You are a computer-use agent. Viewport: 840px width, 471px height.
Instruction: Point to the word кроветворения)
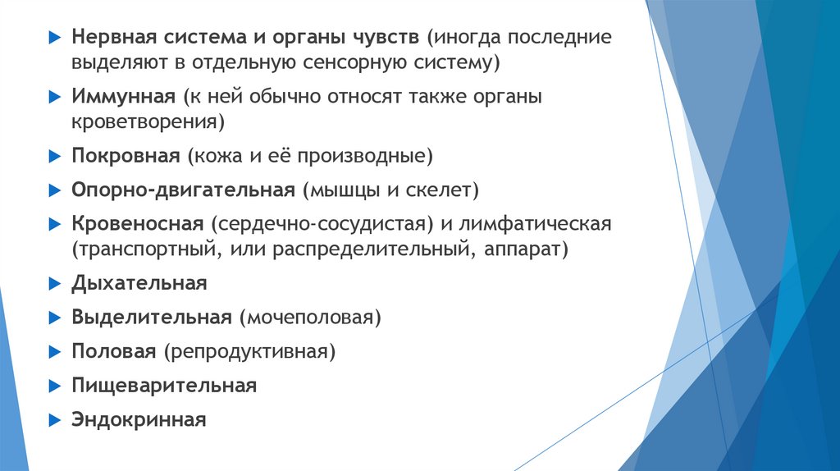pos(148,121)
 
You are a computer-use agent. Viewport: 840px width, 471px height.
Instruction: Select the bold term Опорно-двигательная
pos(183,190)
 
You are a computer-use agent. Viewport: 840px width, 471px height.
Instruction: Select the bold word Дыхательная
pos(139,283)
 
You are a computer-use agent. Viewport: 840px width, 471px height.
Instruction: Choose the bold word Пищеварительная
pos(164,386)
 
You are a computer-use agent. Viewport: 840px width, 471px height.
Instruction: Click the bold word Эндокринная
pos(139,419)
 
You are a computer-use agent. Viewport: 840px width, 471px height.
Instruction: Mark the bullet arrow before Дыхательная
pos(54,283)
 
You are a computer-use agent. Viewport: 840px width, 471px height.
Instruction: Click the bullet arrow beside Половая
pos(54,351)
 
